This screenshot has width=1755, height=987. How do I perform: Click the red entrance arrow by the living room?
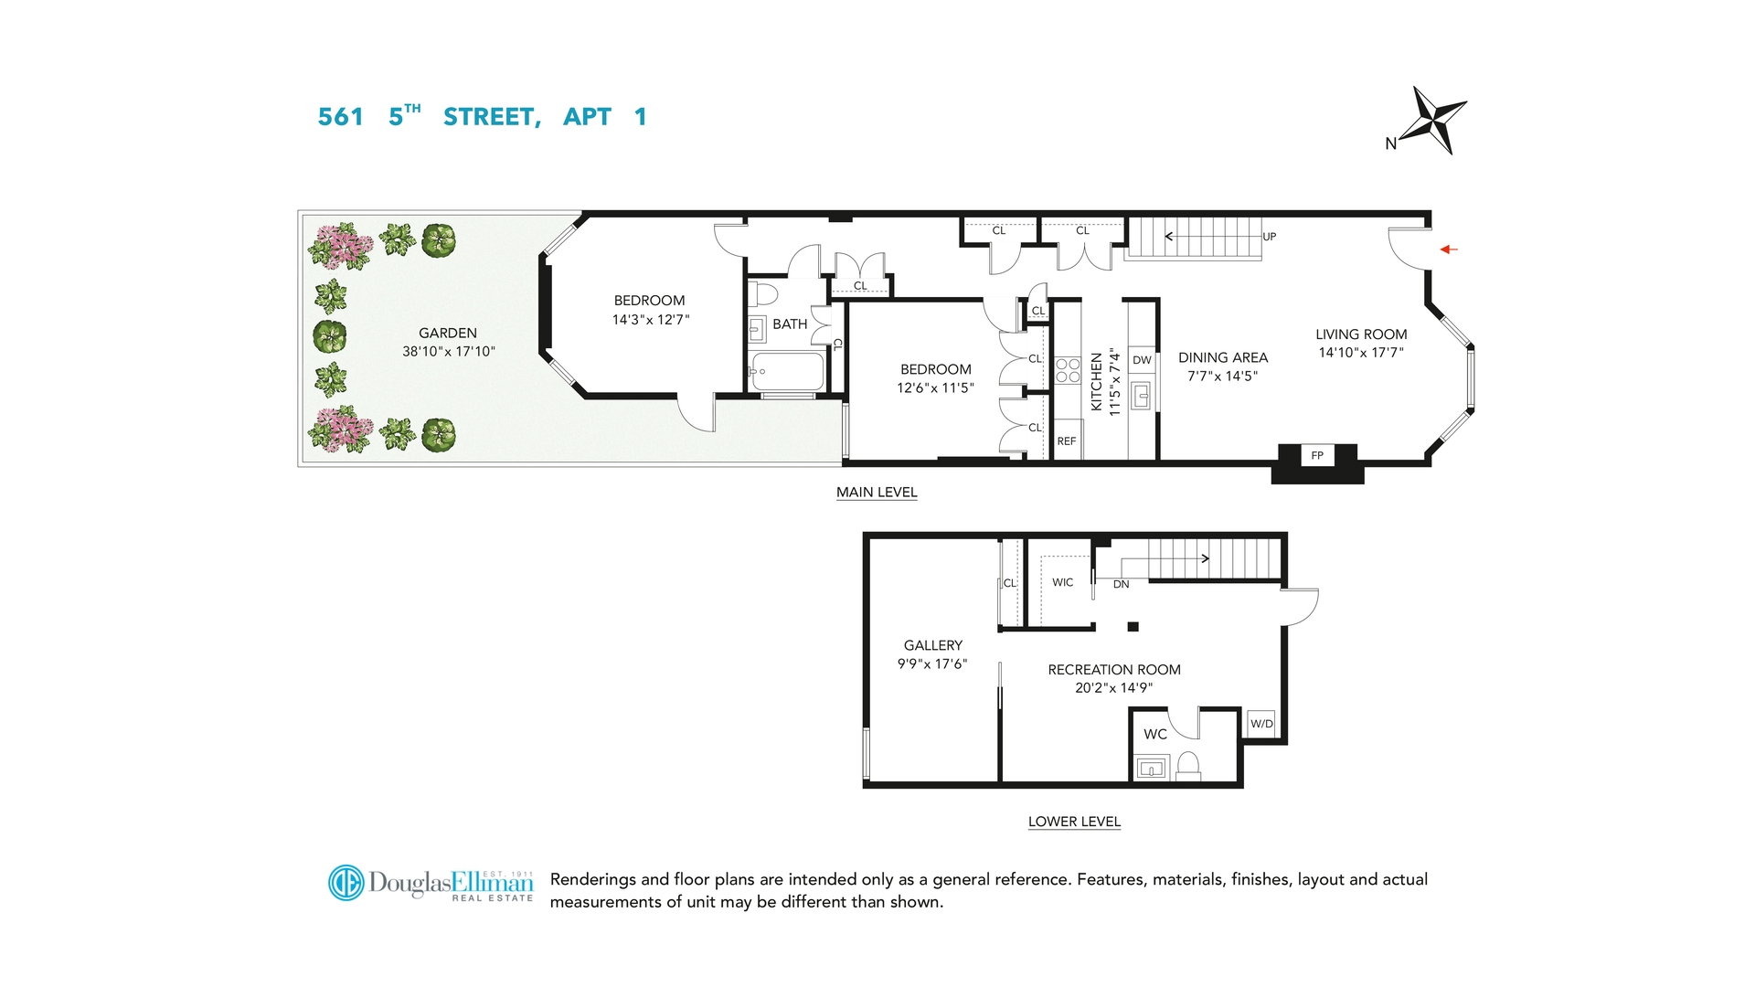coord(1449,249)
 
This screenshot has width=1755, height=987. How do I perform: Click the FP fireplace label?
coord(1317,455)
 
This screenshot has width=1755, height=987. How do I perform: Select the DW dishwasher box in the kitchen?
coord(1142,360)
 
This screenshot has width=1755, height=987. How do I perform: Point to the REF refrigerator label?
coord(1067,441)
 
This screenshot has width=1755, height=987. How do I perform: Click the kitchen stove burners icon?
coord(1068,370)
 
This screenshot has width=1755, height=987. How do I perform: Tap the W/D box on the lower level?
coord(1261,724)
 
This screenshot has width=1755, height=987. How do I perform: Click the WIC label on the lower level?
coord(1062,582)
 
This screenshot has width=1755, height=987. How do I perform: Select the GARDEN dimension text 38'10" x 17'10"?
coord(448,352)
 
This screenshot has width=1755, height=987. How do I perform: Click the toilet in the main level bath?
coord(764,294)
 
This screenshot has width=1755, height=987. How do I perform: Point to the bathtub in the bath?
coord(787,372)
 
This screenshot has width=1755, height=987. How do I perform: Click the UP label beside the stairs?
coord(1269,237)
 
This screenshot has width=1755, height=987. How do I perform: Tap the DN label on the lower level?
coord(1121,585)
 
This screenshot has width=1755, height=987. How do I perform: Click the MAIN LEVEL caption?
coord(876,493)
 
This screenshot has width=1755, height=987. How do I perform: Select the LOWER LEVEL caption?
coord(1074,822)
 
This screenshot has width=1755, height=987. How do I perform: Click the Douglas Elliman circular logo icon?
coord(346,883)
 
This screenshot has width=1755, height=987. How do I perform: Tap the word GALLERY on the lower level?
coord(932,645)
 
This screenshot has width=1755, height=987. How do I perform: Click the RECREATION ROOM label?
coord(1113,670)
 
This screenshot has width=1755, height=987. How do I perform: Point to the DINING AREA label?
coord(1222,358)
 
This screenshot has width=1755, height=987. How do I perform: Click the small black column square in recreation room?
coord(1133,627)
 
